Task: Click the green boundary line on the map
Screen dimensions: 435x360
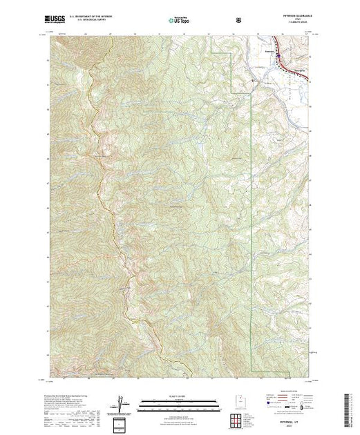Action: (x=248, y=207)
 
